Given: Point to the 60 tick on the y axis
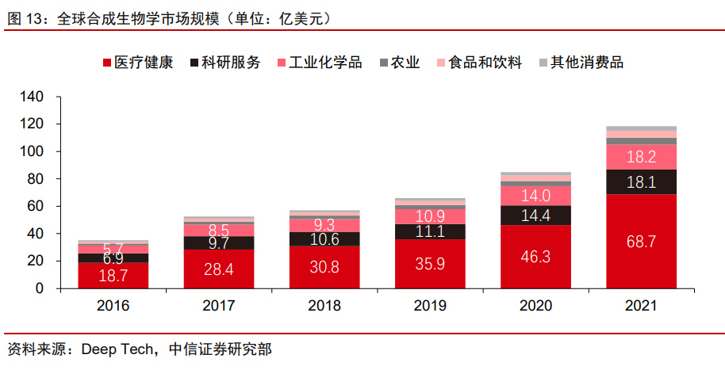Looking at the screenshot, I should tap(35, 206).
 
